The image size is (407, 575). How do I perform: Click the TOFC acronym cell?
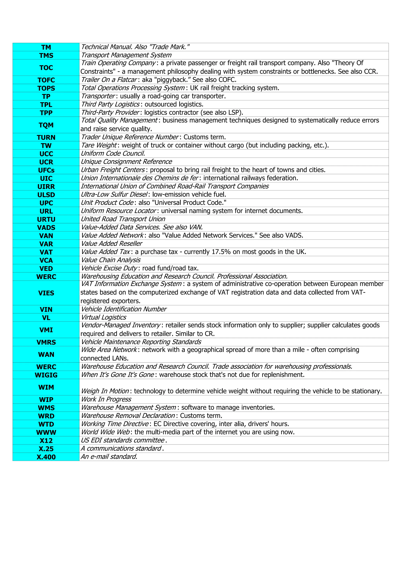(x=46, y=80)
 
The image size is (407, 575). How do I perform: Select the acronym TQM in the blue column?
(x=46, y=125)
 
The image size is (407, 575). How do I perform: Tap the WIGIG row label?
(x=46, y=375)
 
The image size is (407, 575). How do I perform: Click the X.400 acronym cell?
(x=46, y=457)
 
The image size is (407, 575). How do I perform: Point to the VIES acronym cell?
(x=46, y=293)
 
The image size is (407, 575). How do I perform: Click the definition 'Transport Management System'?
(x=126, y=55)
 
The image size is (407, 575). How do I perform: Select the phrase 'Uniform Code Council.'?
(x=113, y=154)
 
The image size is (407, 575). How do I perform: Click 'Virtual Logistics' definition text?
(x=104, y=317)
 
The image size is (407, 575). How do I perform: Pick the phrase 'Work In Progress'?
(x=106, y=399)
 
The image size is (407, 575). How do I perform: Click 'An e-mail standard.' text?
(x=109, y=457)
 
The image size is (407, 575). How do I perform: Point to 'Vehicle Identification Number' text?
(x=124, y=309)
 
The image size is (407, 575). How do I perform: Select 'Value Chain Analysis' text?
(x=110, y=260)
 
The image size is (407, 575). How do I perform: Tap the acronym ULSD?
(x=46, y=195)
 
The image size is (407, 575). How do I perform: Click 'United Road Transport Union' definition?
(x=123, y=219)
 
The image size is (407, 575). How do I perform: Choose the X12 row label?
(x=46, y=440)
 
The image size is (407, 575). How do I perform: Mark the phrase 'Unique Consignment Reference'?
(x=126, y=162)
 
